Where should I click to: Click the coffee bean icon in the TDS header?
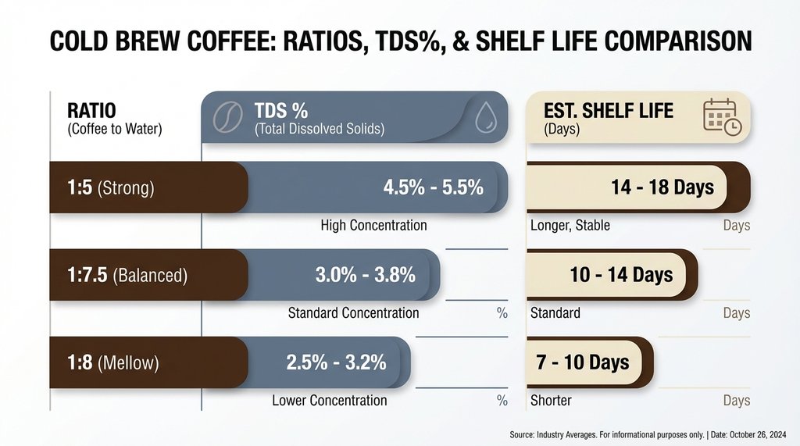pos(227,116)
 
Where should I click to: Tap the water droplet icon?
pos(485,117)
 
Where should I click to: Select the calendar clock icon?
pos(720,117)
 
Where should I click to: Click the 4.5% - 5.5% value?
pos(433,187)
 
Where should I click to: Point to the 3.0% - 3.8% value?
pos(365,275)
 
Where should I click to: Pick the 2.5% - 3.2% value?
pos(336,362)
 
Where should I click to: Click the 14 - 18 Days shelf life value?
pos(662,187)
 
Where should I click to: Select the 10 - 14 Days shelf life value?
pos(621,275)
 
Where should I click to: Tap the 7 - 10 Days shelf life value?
pos(582,362)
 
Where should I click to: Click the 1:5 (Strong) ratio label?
pos(110,187)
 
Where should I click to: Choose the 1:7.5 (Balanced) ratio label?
pos(127,275)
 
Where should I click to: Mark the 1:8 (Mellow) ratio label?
pos(112,362)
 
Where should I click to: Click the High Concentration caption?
pos(373,225)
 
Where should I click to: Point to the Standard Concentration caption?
pos(353,312)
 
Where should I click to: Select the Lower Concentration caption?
pos(329,400)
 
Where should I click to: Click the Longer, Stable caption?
pos(570,225)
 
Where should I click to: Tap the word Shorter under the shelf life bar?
pos(551,400)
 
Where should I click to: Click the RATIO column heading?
pos(92,110)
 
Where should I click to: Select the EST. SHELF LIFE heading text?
pos(608,110)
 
